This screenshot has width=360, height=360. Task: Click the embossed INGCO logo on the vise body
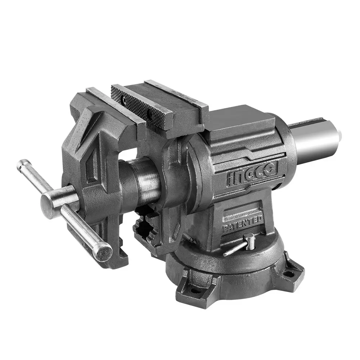pos(252,174)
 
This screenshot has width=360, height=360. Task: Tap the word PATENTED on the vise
pos(242,224)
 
